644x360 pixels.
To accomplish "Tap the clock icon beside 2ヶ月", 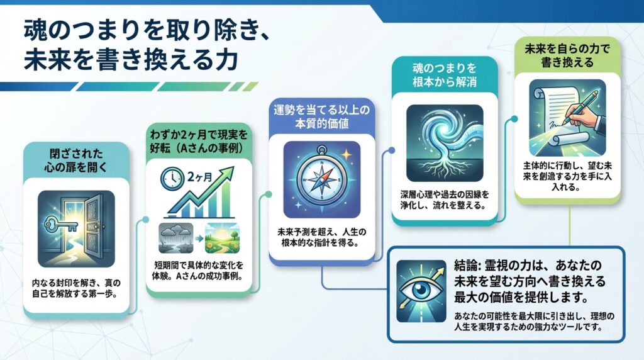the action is [x=172, y=178].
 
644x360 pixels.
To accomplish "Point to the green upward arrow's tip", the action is [x=233, y=167].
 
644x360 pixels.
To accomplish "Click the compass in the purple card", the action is [x=322, y=179].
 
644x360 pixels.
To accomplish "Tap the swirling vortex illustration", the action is [x=445, y=143].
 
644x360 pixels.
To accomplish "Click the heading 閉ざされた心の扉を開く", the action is [x=76, y=160].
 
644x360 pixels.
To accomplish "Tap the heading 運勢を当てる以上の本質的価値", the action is [x=321, y=116].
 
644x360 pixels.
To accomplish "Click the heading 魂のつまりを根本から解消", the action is [x=445, y=75].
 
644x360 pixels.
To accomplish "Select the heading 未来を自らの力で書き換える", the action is [x=567, y=55].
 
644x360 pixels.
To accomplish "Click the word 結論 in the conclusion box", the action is [x=467, y=265].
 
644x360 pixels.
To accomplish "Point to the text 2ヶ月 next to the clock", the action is [x=200, y=177].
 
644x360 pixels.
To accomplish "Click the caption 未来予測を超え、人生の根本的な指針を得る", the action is [x=321, y=237].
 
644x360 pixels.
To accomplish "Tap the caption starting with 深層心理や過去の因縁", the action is [x=445, y=200].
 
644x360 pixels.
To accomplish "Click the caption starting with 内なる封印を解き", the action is [x=76, y=288].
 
